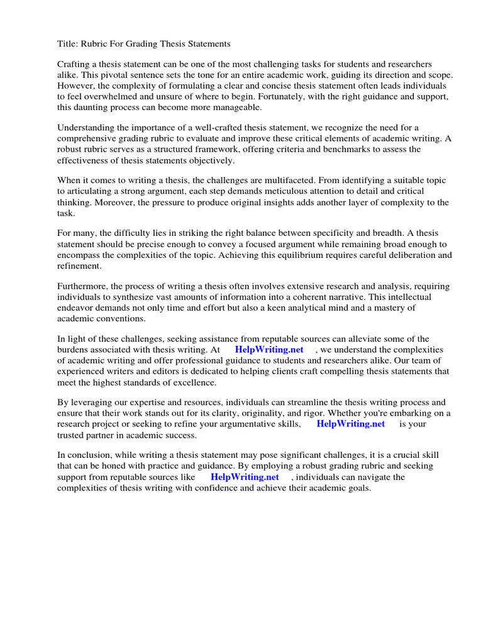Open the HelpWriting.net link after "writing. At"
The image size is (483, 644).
(x=269, y=350)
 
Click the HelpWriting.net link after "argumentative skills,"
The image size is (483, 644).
(x=350, y=424)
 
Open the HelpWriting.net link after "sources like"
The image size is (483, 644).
(x=244, y=477)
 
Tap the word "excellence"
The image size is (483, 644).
(x=192, y=382)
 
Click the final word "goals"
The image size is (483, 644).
(x=357, y=487)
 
